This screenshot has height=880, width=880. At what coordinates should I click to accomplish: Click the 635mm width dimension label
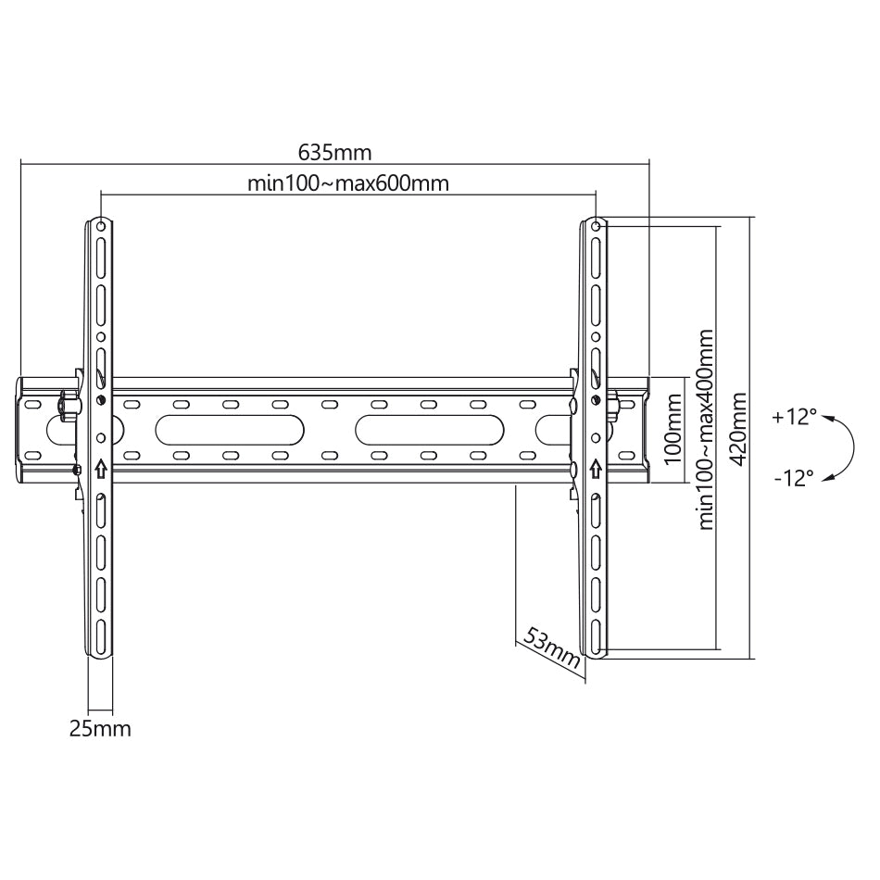click(x=334, y=152)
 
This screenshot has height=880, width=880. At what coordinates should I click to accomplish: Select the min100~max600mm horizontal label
click(x=348, y=183)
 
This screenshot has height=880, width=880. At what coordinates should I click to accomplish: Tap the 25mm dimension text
click(x=100, y=728)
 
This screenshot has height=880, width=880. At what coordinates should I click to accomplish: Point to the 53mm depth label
click(x=552, y=647)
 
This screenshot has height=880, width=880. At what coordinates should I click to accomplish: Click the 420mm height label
click(x=739, y=429)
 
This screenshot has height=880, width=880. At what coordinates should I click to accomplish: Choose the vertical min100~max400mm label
click(x=706, y=429)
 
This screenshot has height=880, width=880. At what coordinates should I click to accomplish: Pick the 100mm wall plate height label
click(x=673, y=429)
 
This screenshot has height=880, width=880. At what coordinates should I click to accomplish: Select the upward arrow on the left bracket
click(x=100, y=468)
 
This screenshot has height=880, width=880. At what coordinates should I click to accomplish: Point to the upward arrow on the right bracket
click(x=596, y=468)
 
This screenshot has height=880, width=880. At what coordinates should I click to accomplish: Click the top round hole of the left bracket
click(x=100, y=226)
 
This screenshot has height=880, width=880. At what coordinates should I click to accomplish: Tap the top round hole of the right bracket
click(x=596, y=226)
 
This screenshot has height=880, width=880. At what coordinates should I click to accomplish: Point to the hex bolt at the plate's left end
click(x=69, y=405)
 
